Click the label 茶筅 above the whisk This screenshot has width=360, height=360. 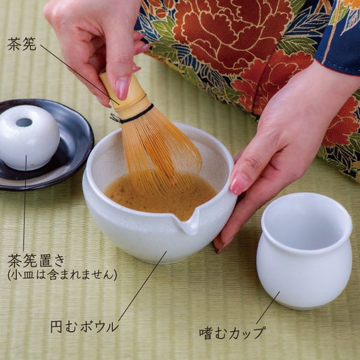point(22,44)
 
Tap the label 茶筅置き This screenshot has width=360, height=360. point(36,261)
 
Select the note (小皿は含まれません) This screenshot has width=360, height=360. point(62,275)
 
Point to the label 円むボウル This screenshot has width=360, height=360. point(84,327)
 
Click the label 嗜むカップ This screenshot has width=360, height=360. point(232,333)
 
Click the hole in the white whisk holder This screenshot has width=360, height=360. point(24,122)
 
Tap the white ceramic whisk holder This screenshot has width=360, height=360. point(28,137)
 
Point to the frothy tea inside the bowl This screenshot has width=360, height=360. point(161,195)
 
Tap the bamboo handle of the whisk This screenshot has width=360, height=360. point(125,94)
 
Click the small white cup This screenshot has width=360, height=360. point(304,251)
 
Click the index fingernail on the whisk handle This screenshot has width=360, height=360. point(122,88)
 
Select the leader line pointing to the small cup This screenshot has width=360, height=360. point(268,308)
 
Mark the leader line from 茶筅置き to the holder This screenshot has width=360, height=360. point(24,203)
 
